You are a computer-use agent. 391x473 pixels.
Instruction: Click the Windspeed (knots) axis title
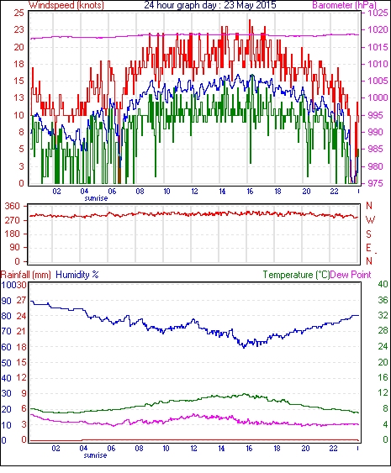66,5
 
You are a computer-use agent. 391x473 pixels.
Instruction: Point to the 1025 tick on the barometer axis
378,13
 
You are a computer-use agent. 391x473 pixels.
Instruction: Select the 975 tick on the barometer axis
378,183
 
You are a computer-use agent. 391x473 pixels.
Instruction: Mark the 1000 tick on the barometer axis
378,97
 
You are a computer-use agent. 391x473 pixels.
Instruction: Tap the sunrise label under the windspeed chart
96,198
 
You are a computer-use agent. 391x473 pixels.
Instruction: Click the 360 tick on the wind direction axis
13,207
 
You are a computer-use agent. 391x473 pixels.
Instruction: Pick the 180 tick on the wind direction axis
13,234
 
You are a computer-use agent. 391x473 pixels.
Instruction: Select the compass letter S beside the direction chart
368,234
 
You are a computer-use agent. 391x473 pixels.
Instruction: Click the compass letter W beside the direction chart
370,220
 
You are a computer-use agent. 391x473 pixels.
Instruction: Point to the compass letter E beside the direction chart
368,248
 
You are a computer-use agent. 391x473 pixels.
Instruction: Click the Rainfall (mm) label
26,275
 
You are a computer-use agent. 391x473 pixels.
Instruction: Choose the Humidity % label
77,275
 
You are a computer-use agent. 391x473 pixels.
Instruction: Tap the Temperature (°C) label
296,275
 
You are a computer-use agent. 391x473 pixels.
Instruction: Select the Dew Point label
351,275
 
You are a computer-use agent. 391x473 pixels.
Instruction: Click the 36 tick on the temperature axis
383,300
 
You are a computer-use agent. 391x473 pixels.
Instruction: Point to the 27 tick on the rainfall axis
21,301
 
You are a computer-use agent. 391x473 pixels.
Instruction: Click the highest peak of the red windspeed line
250,20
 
